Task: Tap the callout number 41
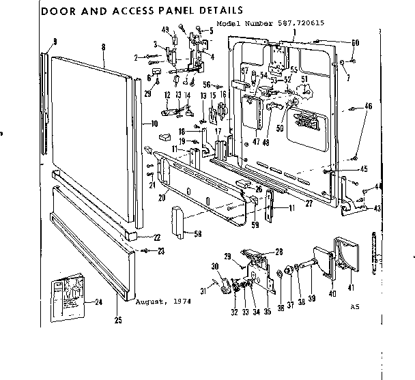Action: point(351,288)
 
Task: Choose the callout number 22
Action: point(157,237)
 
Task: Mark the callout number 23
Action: point(161,251)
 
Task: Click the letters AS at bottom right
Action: point(354,306)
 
